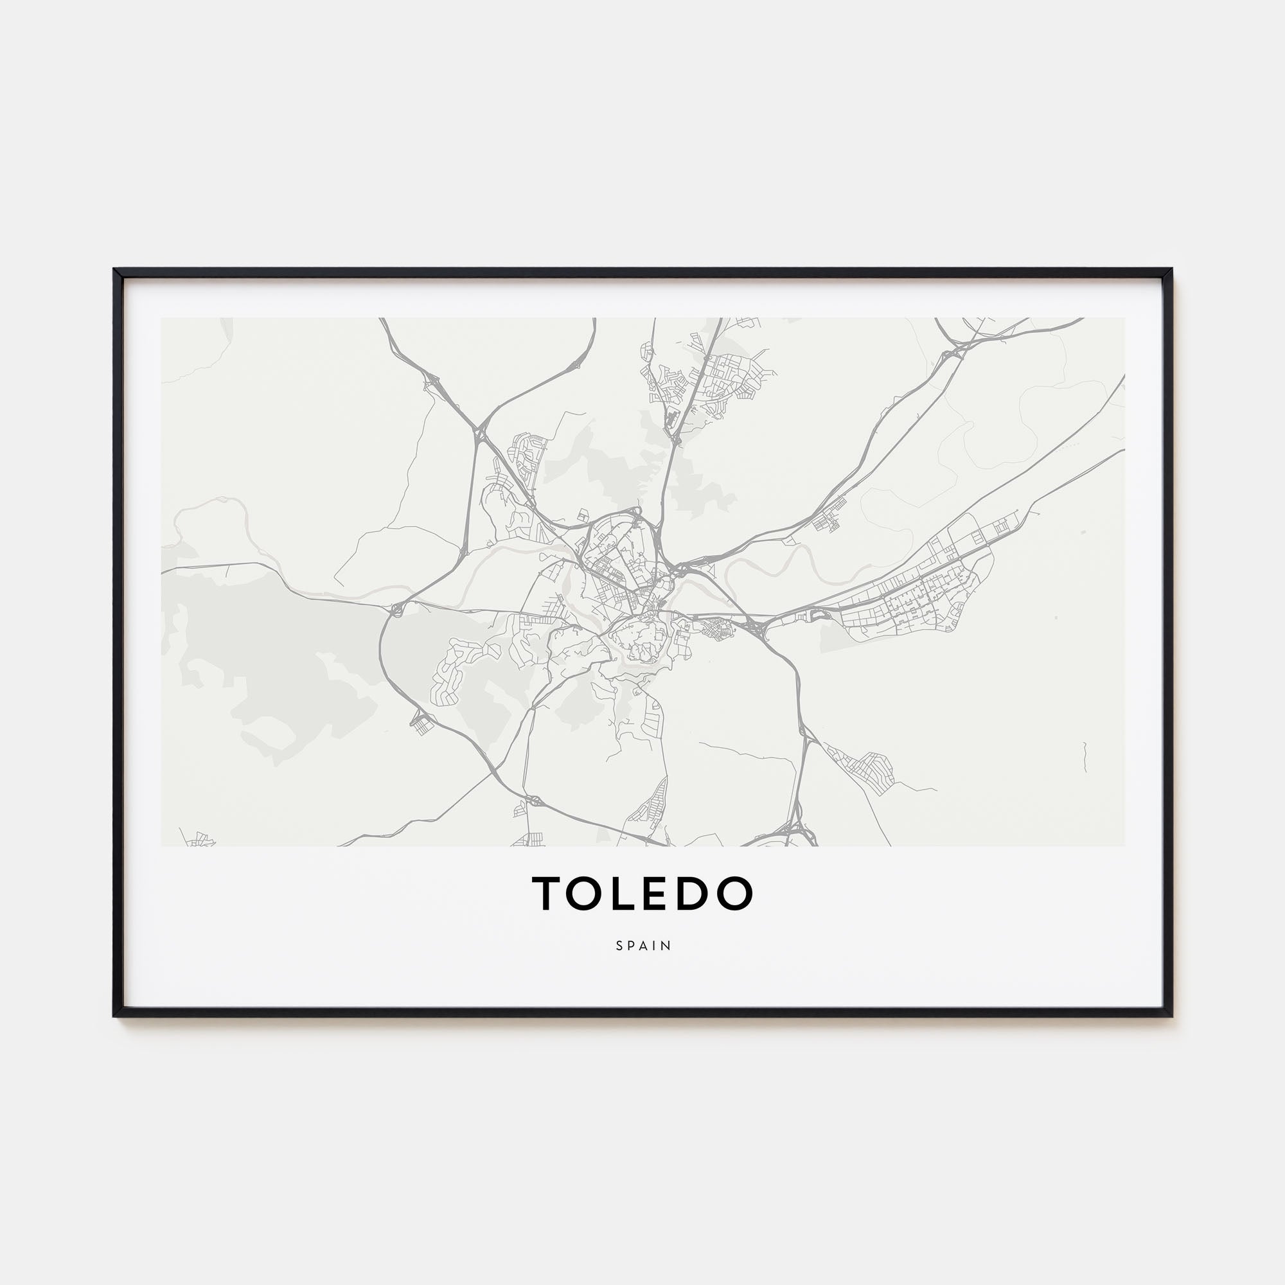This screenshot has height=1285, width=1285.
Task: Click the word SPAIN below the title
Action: click(x=643, y=945)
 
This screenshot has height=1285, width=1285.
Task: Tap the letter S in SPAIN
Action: click(x=619, y=945)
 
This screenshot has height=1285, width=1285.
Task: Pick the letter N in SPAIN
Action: click(x=668, y=945)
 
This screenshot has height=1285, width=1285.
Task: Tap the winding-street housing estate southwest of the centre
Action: click(x=459, y=668)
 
